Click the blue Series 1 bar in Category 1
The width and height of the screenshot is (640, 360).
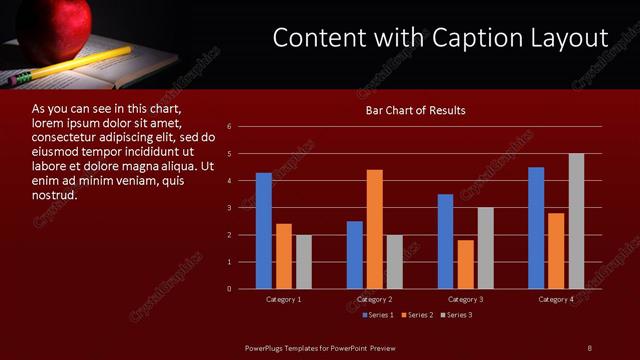[x=264, y=231]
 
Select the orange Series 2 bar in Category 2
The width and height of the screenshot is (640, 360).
[x=374, y=229]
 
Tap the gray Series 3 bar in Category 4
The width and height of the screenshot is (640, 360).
[x=576, y=221]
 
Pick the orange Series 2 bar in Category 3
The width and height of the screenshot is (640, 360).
[x=465, y=264]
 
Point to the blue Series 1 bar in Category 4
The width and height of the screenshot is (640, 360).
[x=536, y=228]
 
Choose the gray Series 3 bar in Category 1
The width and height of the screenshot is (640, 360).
[x=304, y=262]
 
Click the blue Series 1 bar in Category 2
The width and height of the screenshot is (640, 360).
[x=355, y=255]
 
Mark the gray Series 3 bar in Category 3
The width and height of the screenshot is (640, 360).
[x=485, y=248]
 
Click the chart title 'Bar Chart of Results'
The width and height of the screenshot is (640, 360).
[x=415, y=110]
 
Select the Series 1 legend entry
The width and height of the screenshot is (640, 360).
[x=376, y=315]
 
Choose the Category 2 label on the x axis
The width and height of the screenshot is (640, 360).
[x=374, y=299]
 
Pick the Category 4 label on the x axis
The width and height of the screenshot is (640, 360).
[x=556, y=299]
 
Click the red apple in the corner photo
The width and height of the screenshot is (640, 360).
[x=62, y=24]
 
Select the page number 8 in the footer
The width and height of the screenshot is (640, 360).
[x=589, y=347]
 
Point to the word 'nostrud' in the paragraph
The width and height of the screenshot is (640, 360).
[x=55, y=195]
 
